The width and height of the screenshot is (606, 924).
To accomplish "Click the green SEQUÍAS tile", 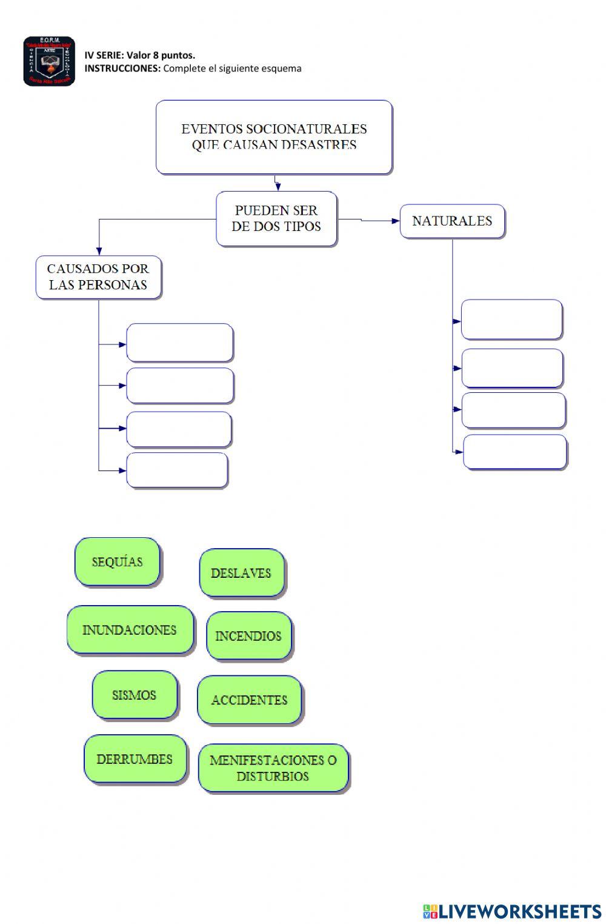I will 117,561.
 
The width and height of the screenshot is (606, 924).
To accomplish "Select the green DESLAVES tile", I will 241,573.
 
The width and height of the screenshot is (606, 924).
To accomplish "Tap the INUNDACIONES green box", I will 130,630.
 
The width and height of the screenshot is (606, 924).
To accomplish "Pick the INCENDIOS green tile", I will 248,636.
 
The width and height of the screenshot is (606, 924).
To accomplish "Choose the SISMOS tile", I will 135,695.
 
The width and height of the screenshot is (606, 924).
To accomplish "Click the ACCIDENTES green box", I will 249,700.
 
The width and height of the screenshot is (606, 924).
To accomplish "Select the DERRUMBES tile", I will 135,759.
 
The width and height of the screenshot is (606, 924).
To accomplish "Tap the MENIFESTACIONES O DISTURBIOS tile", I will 273,768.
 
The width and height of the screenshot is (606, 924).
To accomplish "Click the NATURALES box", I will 452,221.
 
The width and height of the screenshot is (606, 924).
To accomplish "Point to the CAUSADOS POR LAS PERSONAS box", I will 98,277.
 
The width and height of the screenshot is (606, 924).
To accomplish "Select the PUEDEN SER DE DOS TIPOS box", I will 276,219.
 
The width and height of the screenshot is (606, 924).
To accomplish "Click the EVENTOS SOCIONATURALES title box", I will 274,137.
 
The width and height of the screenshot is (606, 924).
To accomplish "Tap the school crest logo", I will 49,61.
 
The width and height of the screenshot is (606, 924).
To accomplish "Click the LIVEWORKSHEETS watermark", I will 512,911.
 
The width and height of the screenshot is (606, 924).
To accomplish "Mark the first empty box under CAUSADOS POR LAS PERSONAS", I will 179,343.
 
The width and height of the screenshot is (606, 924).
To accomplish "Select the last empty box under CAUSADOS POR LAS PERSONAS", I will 177,470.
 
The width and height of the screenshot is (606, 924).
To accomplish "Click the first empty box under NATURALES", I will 511,320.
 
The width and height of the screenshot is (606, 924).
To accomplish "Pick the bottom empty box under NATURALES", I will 514,452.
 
